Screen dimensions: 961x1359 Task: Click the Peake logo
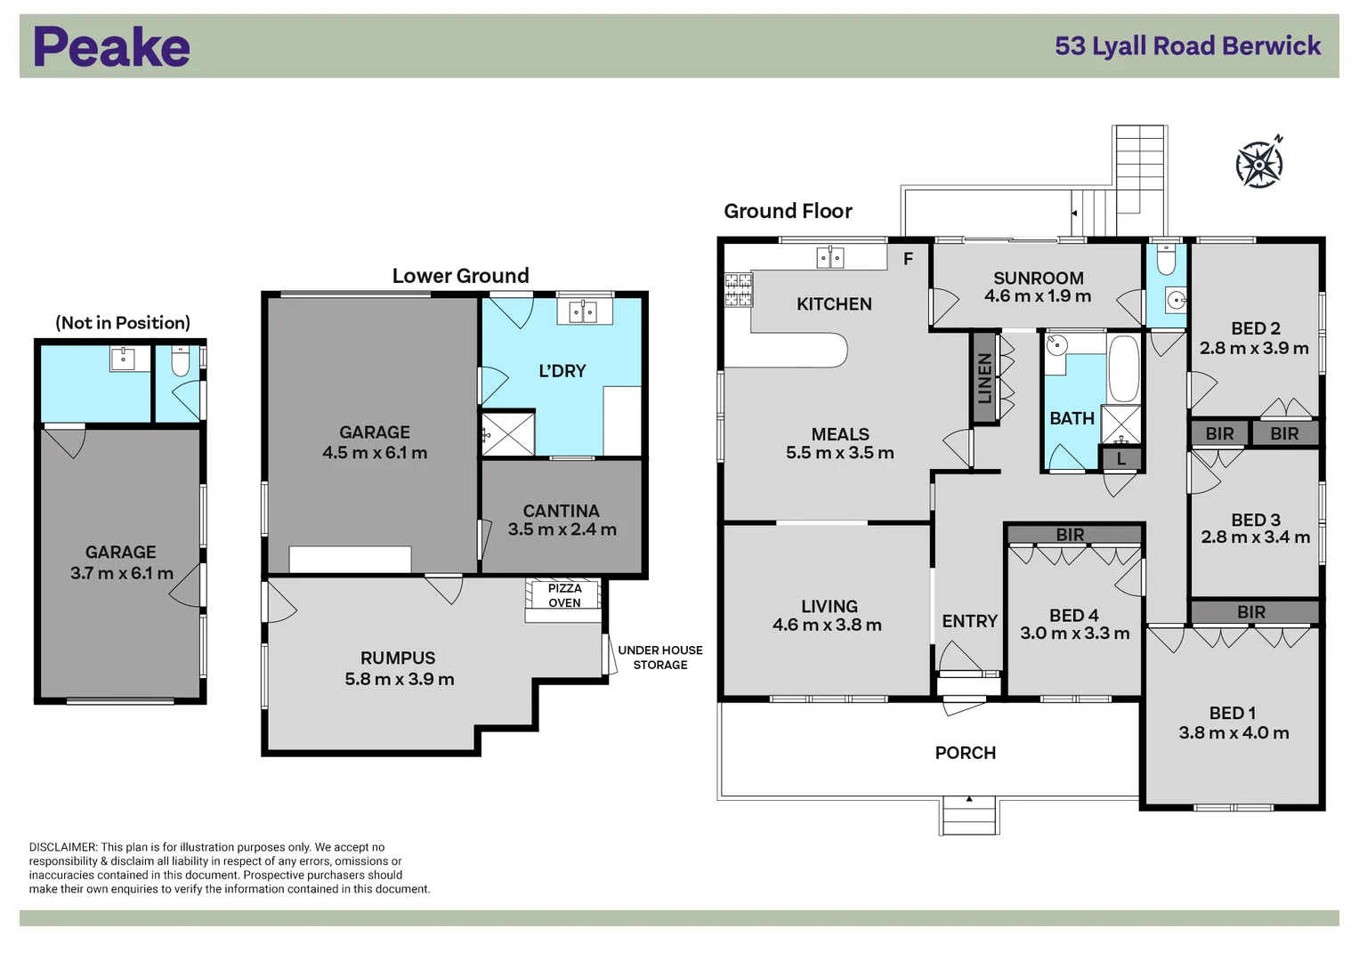pyautogui.click(x=111, y=47)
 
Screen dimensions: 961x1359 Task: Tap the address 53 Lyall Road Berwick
pyautogui.click(x=1187, y=46)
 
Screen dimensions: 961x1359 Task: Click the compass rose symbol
pyautogui.click(x=1259, y=164)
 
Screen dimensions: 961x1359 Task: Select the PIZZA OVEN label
pyautogui.click(x=564, y=595)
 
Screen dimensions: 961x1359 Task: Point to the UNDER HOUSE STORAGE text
pyautogui.click(x=660, y=658)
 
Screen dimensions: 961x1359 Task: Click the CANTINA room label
pyautogui.click(x=561, y=511)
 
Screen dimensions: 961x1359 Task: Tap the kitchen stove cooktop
pyautogui.click(x=738, y=290)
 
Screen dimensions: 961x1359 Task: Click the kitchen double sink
pyautogui.click(x=829, y=258)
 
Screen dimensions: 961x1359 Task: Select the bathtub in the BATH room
pyautogui.click(x=1123, y=368)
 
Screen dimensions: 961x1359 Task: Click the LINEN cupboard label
pyautogui.click(x=984, y=378)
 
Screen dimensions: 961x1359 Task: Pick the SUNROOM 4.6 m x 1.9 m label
pyautogui.click(x=1038, y=287)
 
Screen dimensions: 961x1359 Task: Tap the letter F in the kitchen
pyautogui.click(x=908, y=259)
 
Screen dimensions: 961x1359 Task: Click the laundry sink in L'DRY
pyautogui.click(x=583, y=311)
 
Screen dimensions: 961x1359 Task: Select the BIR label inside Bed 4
pyautogui.click(x=1070, y=535)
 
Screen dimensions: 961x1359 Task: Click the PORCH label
pyautogui.click(x=965, y=753)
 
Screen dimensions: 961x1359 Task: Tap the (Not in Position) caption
pyautogui.click(x=123, y=323)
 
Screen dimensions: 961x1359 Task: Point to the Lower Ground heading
pyautogui.click(x=460, y=276)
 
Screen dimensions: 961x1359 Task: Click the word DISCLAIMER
pyautogui.click(x=62, y=847)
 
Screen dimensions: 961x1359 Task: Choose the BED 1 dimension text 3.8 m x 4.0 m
pyautogui.click(x=1234, y=733)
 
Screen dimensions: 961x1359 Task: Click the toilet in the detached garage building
pyautogui.click(x=181, y=363)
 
